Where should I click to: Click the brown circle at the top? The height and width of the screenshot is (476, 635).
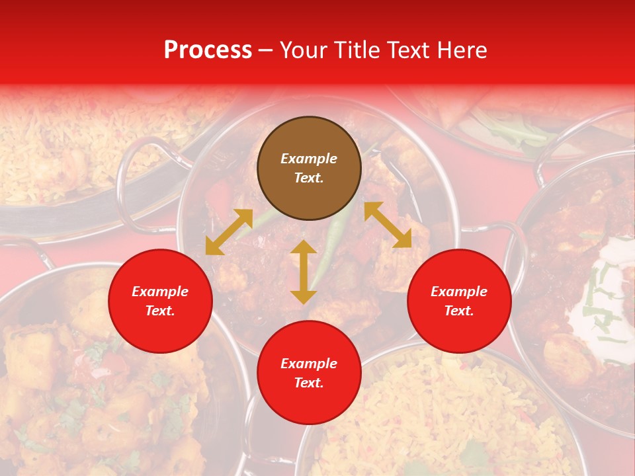pyautogui.click(x=309, y=168)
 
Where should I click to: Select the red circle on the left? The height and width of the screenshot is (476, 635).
pyautogui.click(x=160, y=301)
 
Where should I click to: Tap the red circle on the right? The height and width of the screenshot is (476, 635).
pyautogui.click(x=459, y=301)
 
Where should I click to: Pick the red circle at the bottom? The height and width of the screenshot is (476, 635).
pyautogui.click(x=309, y=373)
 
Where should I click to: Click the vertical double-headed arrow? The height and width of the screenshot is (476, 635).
pyautogui.click(x=304, y=272)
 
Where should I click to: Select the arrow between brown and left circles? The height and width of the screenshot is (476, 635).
pyautogui.click(x=229, y=232)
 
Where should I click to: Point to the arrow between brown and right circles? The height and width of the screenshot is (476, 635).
pyautogui.click(x=388, y=225)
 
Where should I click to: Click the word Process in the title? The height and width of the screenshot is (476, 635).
pyautogui.click(x=208, y=50)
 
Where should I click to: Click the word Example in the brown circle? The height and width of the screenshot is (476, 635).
pyautogui.click(x=309, y=159)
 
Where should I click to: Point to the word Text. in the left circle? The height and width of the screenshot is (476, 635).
pyautogui.click(x=160, y=311)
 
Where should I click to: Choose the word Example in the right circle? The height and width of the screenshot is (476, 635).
pyautogui.click(x=459, y=292)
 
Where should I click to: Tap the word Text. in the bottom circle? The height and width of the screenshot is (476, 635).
pyautogui.click(x=309, y=383)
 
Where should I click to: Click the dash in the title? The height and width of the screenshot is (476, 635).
pyautogui.click(x=266, y=50)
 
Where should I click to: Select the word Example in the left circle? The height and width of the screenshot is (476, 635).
pyautogui.click(x=160, y=292)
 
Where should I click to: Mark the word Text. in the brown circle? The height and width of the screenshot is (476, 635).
pyautogui.click(x=309, y=178)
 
